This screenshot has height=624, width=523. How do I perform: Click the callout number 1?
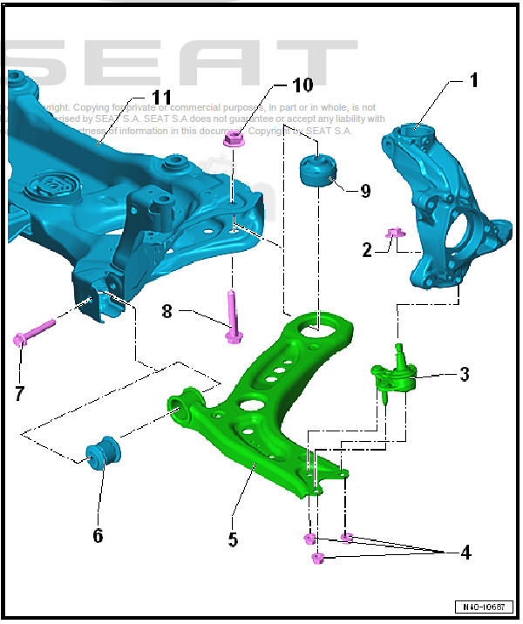473,81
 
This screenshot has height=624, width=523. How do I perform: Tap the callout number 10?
302,85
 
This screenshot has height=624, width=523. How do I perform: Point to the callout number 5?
233,539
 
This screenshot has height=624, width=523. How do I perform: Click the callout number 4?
465,553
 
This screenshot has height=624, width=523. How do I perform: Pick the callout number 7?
19,393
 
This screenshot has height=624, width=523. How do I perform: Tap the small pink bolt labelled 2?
393,233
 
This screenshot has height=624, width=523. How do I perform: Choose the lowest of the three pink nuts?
317,559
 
